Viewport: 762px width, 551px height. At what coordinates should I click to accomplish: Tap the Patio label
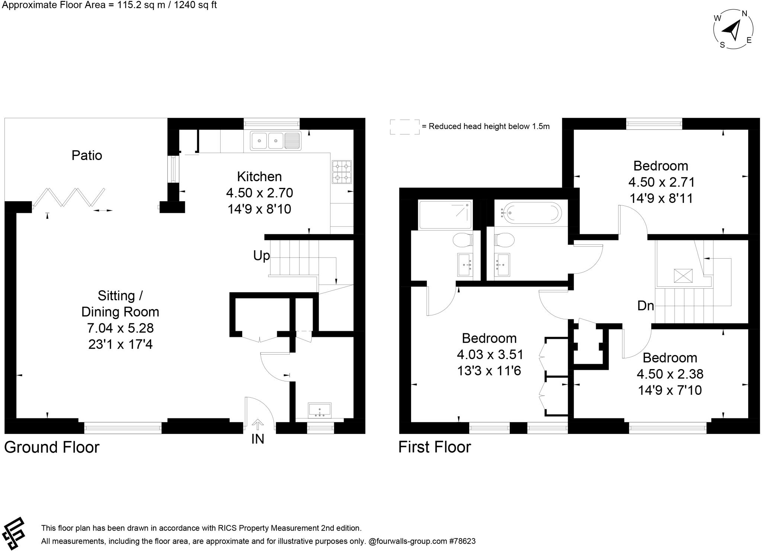[x=87, y=155]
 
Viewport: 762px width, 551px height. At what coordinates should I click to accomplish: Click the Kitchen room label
[x=259, y=176]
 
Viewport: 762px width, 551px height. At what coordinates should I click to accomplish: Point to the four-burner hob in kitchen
[x=342, y=172]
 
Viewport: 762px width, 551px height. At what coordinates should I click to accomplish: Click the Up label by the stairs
[x=261, y=256]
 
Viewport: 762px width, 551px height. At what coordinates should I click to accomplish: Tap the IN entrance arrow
[x=257, y=424]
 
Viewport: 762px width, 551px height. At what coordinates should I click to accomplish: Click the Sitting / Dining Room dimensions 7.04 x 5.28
[x=120, y=328]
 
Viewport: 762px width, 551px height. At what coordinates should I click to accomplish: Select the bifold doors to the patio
[x=68, y=198]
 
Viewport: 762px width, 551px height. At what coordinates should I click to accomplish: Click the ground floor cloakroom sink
[x=320, y=410]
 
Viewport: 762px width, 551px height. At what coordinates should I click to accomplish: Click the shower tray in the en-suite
[x=445, y=215]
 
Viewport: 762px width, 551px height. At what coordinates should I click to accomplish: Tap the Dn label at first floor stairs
[x=646, y=306]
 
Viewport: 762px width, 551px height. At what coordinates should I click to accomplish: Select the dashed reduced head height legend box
[x=404, y=127]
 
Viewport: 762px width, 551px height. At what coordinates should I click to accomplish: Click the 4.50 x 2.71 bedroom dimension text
[x=661, y=182]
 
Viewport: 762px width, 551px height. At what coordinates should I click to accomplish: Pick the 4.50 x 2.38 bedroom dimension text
[x=670, y=374]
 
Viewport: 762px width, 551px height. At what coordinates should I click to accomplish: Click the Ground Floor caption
[x=52, y=447]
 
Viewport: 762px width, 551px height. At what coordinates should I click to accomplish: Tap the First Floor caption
[x=434, y=447]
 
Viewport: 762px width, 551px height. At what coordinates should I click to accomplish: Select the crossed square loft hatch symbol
[x=683, y=276]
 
